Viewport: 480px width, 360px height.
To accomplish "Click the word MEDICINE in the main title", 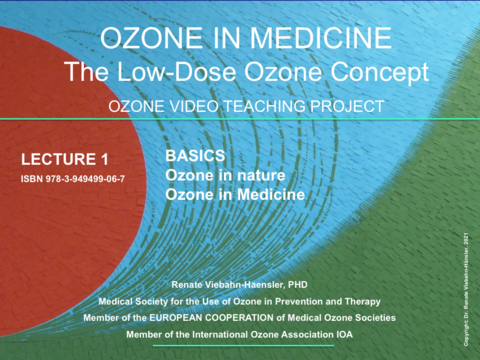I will (319, 39).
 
